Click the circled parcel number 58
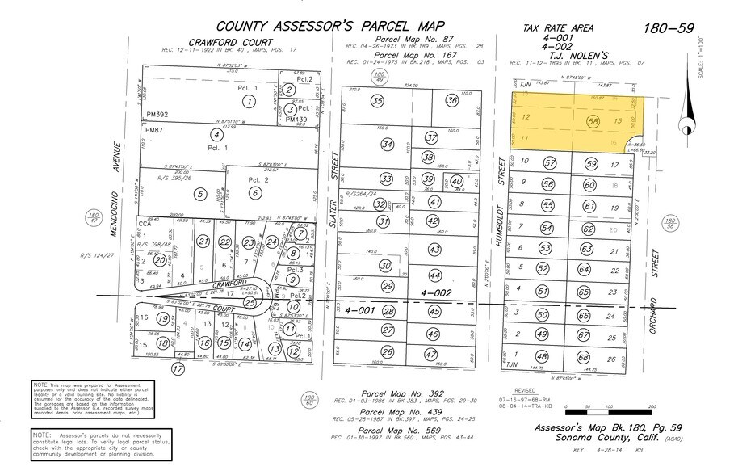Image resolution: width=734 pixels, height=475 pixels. tap(593, 121)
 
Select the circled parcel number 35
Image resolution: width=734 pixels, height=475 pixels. tap(377, 101)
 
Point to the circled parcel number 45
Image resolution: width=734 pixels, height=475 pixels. tap(434, 312)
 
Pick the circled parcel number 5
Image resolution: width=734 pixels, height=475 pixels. tap(197, 194)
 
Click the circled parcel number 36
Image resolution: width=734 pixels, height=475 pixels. tap(451, 101)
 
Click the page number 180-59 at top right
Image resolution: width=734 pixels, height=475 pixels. tap(669, 28)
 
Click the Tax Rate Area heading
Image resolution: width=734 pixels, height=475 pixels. tap(558, 28)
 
